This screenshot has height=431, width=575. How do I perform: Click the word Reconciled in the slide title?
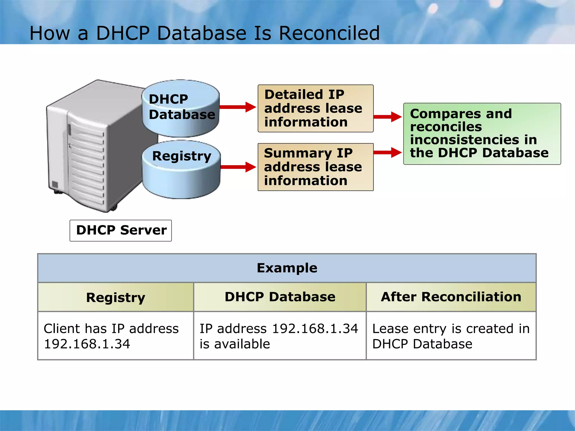click(329, 33)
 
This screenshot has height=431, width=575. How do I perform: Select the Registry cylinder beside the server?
click(181, 170)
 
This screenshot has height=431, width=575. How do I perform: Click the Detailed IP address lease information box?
click(315, 108)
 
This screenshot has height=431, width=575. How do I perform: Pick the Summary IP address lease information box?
click(315, 167)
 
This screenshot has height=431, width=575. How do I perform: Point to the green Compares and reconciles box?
click(482, 134)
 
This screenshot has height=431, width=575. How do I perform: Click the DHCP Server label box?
click(121, 230)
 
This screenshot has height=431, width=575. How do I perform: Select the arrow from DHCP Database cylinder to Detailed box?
click(238, 107)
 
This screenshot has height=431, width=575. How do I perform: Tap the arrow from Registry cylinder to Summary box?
click(238, 167)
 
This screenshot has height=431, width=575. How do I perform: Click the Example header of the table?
click(287, 268)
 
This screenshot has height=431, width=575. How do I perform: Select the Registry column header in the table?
click(116, 297)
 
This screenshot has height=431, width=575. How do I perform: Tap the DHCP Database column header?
click(280, 297)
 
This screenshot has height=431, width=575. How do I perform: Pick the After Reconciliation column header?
click(451, 297)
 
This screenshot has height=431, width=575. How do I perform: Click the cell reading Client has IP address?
click(116, 336)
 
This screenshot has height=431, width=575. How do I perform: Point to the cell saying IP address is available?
click(280, 336)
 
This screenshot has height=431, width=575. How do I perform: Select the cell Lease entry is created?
click(451, 336)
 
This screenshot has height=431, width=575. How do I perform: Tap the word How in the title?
click(50, 33)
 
